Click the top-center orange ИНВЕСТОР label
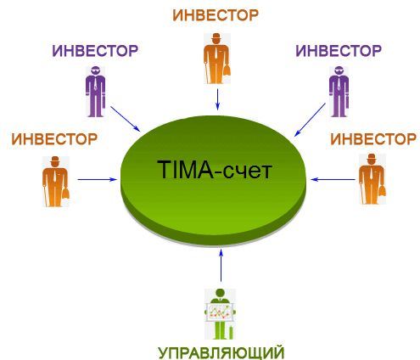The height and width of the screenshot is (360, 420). pos(216,15)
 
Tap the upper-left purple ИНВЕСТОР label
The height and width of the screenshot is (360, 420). pos(95,51)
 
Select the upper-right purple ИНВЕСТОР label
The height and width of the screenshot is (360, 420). pos(339,51)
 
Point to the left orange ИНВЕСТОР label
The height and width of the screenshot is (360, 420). pos(54,139)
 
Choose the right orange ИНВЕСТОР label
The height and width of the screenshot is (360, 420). pos(373,139)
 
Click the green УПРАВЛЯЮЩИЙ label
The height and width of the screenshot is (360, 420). pos(221,353)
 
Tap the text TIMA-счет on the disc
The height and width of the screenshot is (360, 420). pos(215,170)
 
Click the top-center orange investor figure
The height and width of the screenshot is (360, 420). pos(217,59)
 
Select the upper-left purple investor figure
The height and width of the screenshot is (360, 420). pos(96,92)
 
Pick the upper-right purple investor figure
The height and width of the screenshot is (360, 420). pos(339,92)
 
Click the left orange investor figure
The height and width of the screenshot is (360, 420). pos(56,182)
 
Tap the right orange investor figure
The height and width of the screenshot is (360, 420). pos(372,179)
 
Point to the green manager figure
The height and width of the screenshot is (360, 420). pos(221,314)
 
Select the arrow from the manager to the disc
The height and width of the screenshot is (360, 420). pos(221,265)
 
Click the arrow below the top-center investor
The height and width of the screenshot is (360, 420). pos(217,99)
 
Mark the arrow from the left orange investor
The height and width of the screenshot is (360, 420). pos(98,179)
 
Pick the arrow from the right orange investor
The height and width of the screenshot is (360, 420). pos(333,179)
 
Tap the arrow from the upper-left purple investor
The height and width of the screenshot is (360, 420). pos(126,119)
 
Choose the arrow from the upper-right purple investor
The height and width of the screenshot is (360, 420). pos(310,120)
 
